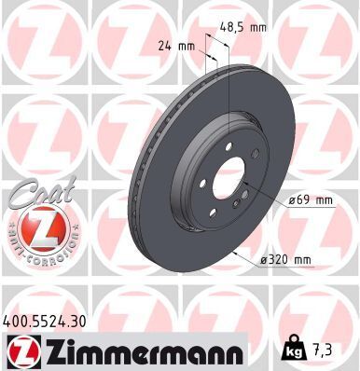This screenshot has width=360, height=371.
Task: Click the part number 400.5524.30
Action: [52, 319]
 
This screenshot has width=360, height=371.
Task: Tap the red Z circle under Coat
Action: [38, 227]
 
